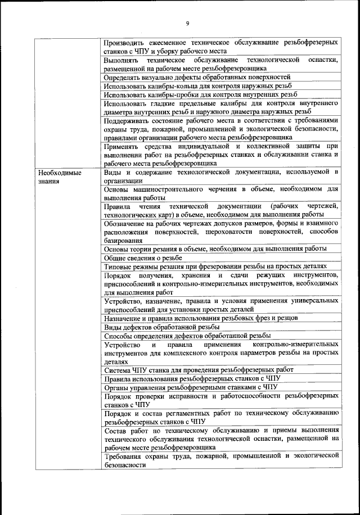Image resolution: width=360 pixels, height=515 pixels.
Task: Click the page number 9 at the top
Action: click(x=187, y=23)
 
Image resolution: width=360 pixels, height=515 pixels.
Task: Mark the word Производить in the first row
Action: click(x=125, y=43)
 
